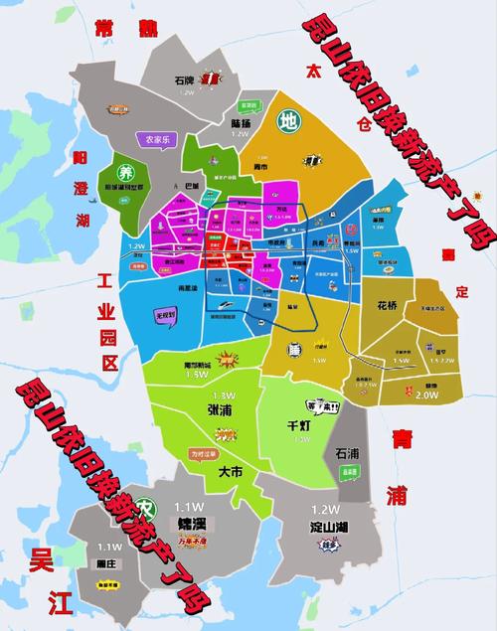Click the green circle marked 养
(x=126, y=171)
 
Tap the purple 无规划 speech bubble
(x=165, y=314)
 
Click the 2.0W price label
(x=428, y=394)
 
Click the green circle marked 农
(x=146, y=507)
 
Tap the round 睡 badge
(x=294, y=349)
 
